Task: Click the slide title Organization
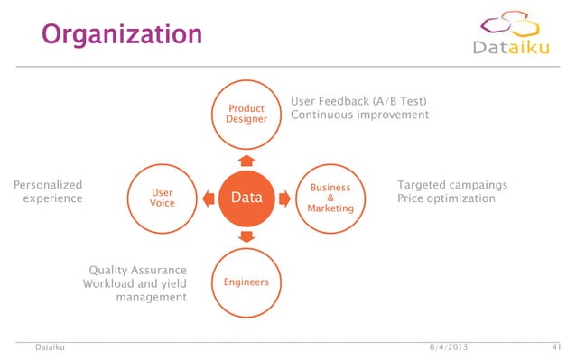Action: [x=122, y=34]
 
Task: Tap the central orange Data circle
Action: [x=246, y=198]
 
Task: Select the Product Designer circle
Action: [x=246, y=115]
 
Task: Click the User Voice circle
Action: [x=163, y=198]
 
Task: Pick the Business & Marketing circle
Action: [x=330, y=198]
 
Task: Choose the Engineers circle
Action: [x=246, y=282]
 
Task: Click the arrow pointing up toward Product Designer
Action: [x=246, y=161]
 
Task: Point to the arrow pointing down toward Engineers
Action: [x=246, y=235]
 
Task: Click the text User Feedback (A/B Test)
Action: [x=358, y=100]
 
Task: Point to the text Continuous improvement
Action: [x=359, y=115]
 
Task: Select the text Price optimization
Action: [x=446, y=198]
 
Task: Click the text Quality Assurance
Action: [x=137, y=271]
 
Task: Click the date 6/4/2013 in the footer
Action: [x=449, y=347]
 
